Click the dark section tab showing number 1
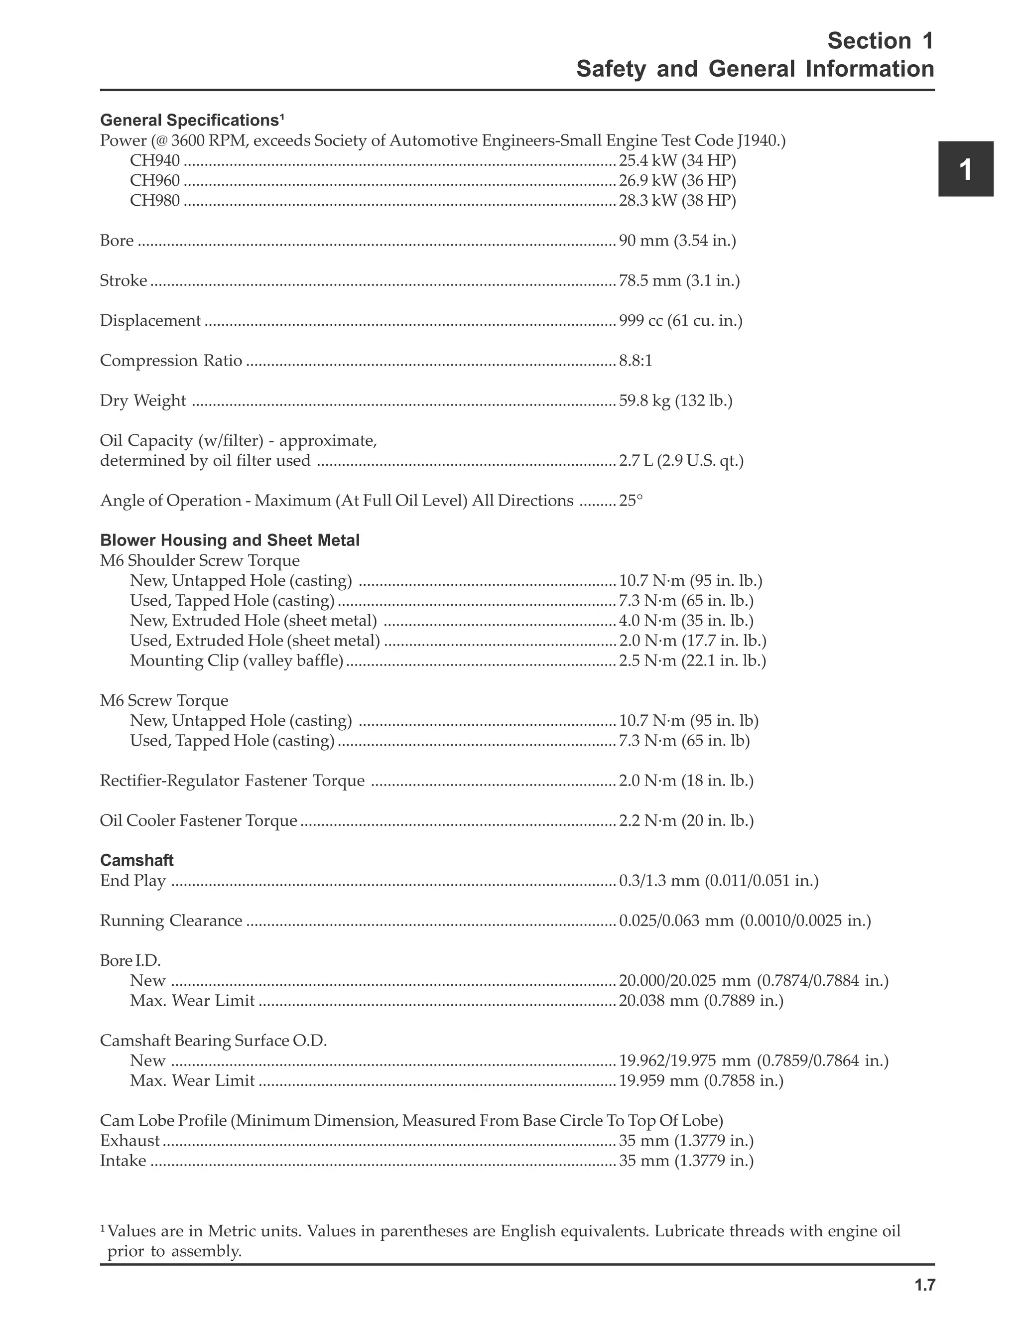point(965,169)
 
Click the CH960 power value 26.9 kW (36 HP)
point(677,181)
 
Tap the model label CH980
point(155,201)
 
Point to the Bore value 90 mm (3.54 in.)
point(677,241)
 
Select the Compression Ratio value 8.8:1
point(635,361)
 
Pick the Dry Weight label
point(143,400)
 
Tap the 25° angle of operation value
point(630,501)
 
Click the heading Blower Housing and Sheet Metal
point(230,540)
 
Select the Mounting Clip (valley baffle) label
point(236,660)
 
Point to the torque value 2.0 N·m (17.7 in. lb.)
point(692,641)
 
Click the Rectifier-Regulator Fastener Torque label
point(232,781)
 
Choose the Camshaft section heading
point(136,860)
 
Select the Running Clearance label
point(171,921)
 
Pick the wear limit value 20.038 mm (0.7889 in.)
point(701,1001)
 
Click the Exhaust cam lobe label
point(130,1141)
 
